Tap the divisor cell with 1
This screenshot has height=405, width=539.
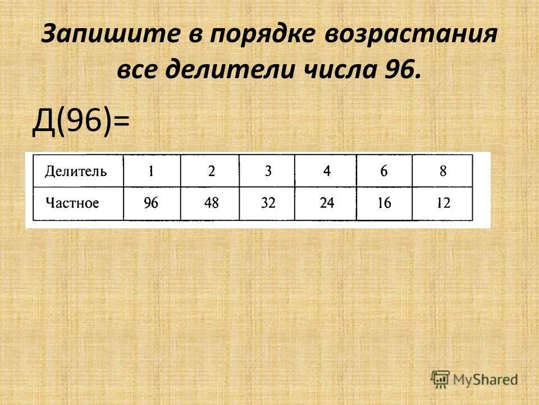(x=152, y=171)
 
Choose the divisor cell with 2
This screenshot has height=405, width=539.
(x=211, y=171)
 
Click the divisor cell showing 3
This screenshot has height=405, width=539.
(x=268, y=171)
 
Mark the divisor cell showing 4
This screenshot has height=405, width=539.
(x=327, y=171)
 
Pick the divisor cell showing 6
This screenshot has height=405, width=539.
(x=384, y=171)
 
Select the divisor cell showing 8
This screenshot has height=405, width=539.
(x=443, y=171)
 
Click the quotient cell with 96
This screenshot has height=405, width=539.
(x=152, y=203)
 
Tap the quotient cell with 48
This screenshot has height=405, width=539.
(x=211, y=203)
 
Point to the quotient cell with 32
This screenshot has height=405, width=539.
(x=268, y=203)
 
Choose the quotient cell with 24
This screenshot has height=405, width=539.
(x=327, y=203)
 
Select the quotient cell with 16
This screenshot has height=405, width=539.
(x=384, y=203)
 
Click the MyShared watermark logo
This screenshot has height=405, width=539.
(x=474, y=379)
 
